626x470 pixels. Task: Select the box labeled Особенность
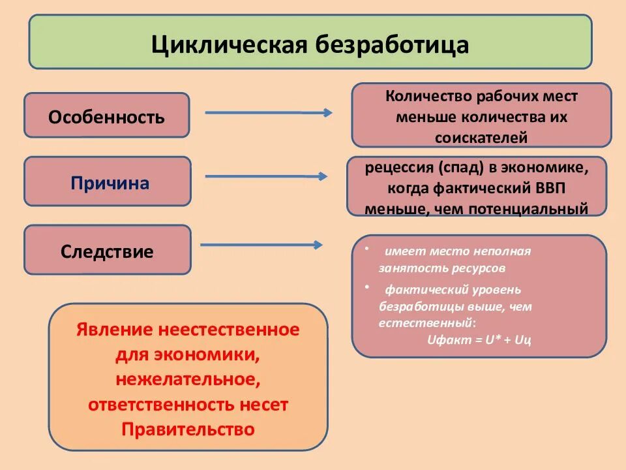coord(107,117)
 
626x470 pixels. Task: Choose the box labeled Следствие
coord(107,251)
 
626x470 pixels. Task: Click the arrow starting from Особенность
coord(267,112)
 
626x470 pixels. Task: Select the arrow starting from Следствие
coord(261,245)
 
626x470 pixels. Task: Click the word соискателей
coord(481,138)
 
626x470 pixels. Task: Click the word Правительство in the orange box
coord(188,430)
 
